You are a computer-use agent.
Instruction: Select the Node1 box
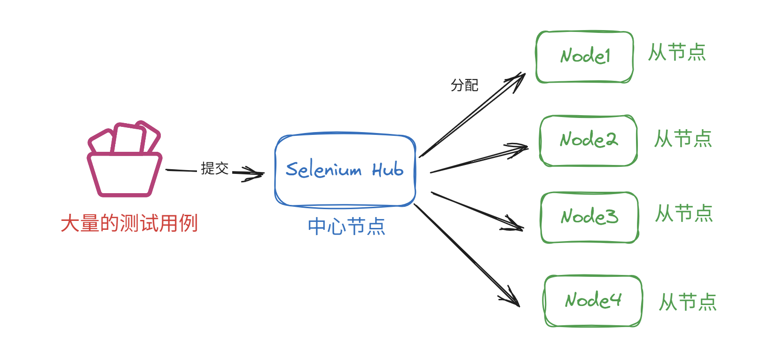pyautogui.click(x=584, y=57)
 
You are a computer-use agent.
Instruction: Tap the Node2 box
pyautogui.click(x=588, y=141)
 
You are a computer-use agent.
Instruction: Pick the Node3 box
pyautogui.click(x=589, y=217)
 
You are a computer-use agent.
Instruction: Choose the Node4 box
pyautogui.click(x=593, y=301)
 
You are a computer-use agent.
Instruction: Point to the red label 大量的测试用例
pyautogui.click(x=129, y=223)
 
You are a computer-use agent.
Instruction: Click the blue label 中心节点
pyautogui.click(x=346, y=227)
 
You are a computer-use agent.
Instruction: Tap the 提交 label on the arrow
pyautogui.click(x=214, y=168)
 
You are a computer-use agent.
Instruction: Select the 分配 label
pyautogui.click(x=464, y=85)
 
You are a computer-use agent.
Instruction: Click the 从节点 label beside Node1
pyautogui.click(x=677, y=52)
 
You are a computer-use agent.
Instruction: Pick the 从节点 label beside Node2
pyautogui.click(x=683, y=139)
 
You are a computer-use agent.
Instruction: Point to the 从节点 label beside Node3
pyautogui.click(x=684, y=213)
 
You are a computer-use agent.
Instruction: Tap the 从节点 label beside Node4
pyautogui.click(x=687, y=302)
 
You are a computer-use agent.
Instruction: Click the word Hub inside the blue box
pyautogui.click(x=388, y=169)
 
